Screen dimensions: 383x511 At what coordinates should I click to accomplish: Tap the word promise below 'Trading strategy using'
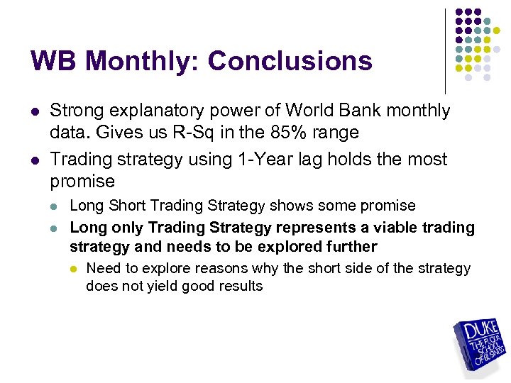coord(82,181)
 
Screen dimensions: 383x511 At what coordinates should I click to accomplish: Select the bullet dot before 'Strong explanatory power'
coord(35,112)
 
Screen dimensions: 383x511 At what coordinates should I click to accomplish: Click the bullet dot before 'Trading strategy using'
coord(35,160)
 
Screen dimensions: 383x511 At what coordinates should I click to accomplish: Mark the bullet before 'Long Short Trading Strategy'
coord(55,206)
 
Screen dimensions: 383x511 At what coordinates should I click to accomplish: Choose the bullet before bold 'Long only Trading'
coord(55,228)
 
